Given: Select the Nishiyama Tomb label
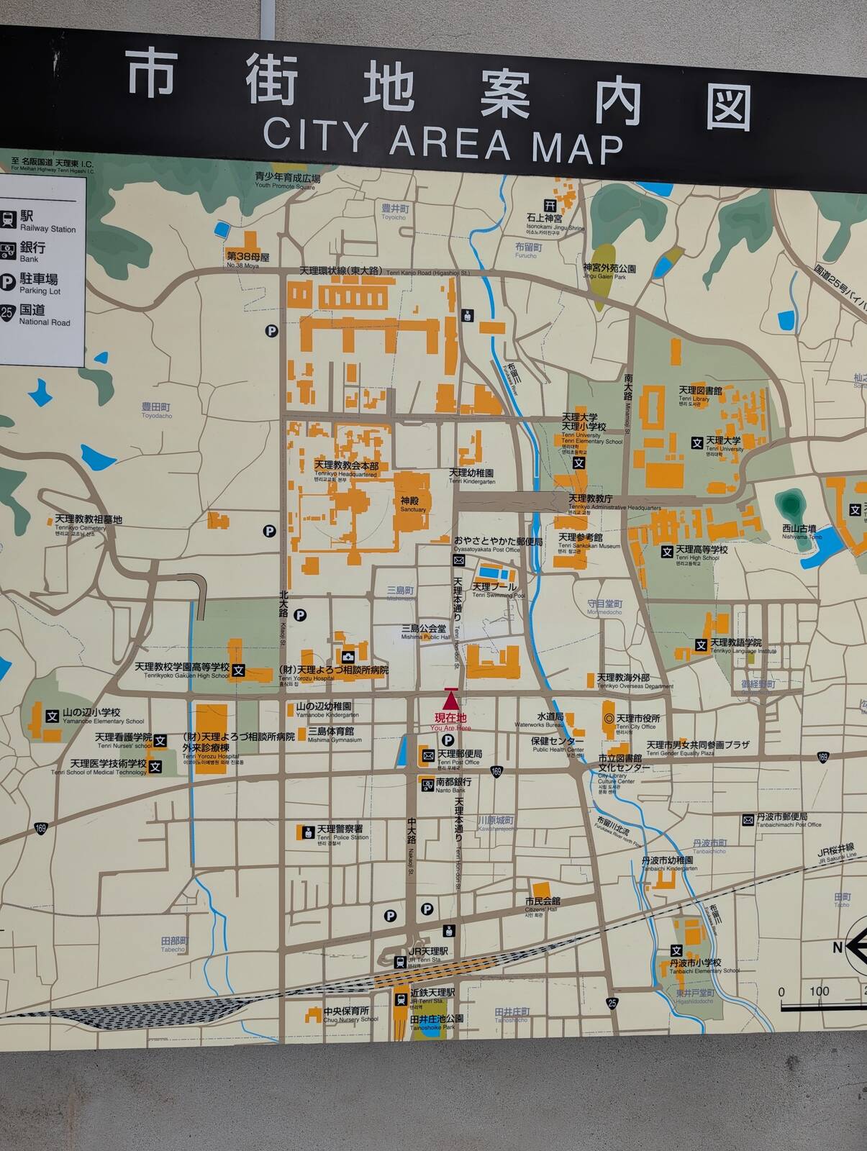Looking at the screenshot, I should [799, 531].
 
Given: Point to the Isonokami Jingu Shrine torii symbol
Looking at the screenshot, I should [550, 205].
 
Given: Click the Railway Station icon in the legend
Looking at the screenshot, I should [9, 219].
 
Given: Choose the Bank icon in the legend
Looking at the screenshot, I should [8, 251].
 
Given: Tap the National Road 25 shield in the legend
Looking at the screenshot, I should [7, 314].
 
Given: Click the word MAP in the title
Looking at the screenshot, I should [577, 147].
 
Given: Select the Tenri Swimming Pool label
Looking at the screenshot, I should [494, 590].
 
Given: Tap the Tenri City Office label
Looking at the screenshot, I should [637, 721].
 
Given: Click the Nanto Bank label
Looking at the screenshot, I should [453, 784].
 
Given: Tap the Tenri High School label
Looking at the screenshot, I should [701, 552].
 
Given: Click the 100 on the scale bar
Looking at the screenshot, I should [819, 991].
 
